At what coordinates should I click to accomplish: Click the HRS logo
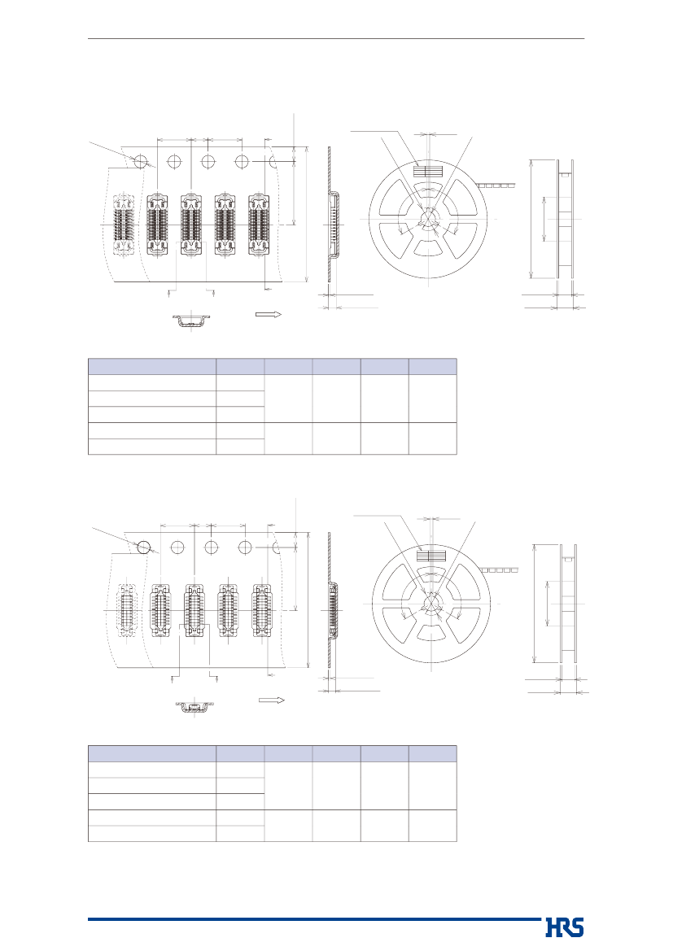(565, 928)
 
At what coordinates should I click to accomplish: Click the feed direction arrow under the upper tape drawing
(269, 314)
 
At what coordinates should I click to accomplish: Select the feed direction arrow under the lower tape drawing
(272, 700)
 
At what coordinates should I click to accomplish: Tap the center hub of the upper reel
(428, 218)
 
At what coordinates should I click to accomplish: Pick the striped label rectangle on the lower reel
(430, 556)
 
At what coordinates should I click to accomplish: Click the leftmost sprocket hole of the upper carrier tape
(141, 161)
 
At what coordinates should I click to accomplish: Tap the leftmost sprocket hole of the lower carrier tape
(144, 547)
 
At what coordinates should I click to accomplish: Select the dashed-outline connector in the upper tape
(124, 225)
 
